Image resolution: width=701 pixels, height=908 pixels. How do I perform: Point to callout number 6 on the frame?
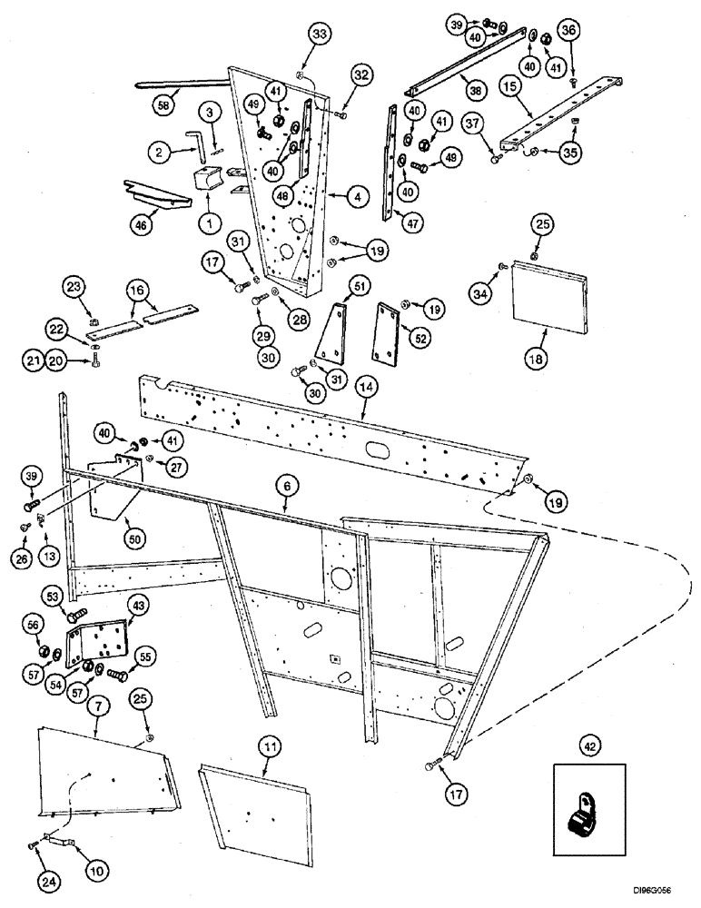click(287, 487)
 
